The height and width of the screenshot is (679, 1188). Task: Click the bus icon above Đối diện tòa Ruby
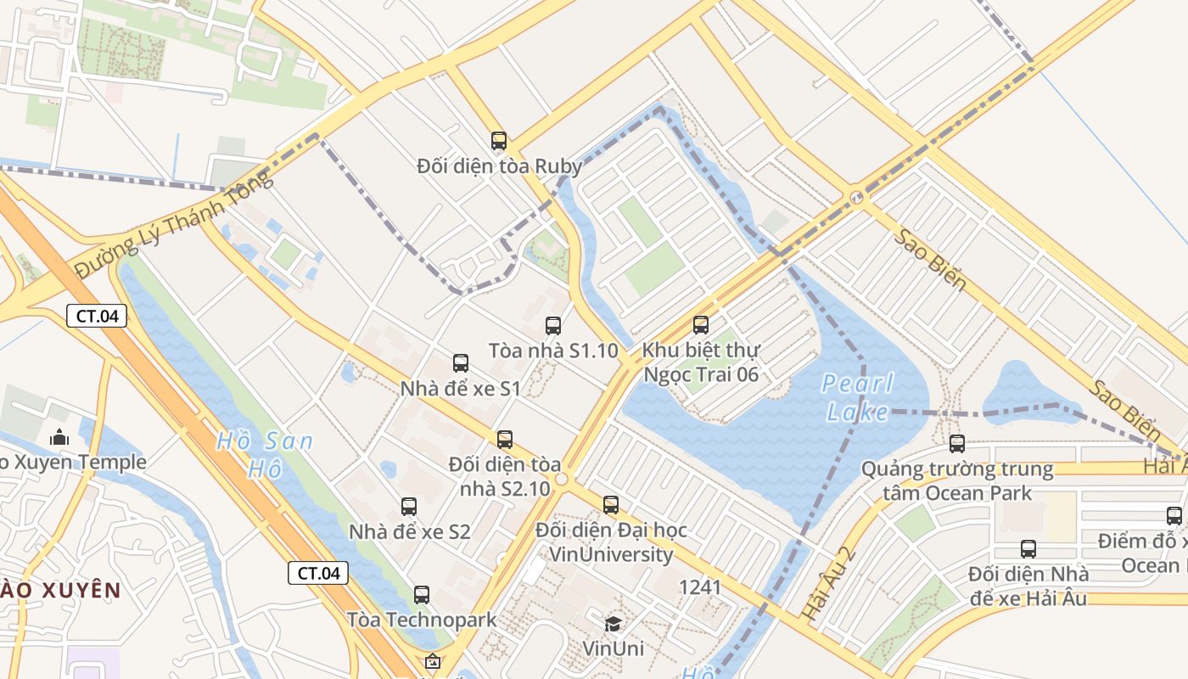[499, 141]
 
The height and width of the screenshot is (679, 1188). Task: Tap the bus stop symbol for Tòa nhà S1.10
[553, 325]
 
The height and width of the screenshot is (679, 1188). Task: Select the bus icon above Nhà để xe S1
[461, 363]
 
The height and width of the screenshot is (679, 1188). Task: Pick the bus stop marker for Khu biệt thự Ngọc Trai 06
[701, 324]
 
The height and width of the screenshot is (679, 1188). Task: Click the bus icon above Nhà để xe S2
[409, 507]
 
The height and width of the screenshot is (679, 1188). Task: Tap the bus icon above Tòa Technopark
[422, 595]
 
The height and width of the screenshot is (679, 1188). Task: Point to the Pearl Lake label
[858, 398]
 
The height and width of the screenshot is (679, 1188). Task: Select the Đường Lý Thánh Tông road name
[174, 223]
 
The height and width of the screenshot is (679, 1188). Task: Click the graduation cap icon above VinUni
[613, 625]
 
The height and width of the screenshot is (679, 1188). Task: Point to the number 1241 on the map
[700, 587]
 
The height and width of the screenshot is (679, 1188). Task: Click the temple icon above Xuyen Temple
[59, 437]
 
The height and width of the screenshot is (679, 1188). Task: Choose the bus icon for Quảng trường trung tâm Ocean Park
[957, 444]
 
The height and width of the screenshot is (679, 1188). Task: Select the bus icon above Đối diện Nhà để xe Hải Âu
[1028, 549]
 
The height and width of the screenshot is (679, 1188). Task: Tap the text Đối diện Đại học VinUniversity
[611, 542]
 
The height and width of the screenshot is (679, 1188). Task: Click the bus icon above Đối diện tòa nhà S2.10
[505, 440]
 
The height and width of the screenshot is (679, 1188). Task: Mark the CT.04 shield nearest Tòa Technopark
[318, 573]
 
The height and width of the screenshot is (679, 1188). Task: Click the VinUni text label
[613, 648]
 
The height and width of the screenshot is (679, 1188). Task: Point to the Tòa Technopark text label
[422, 620]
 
